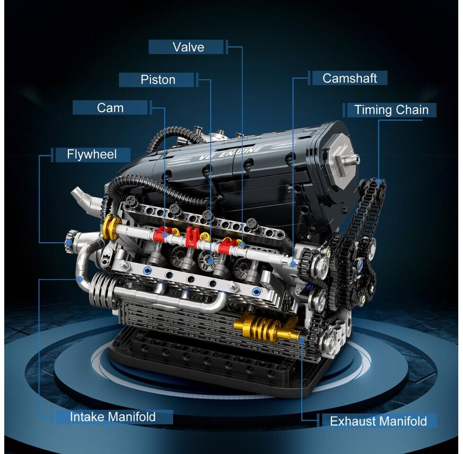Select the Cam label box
[110, 108]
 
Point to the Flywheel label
[92, 154]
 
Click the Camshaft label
[349, 78]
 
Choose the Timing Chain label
[391, 110]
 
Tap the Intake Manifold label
[113, 417]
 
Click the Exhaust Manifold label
[378, 421]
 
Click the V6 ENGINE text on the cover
[230, 153]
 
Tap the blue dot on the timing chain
[378, 181]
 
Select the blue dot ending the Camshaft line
[293, 263]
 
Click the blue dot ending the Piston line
[210, 261]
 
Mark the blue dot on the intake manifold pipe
[79, 279]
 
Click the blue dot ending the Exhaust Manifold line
[301, 340]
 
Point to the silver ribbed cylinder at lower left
[101, 289]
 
